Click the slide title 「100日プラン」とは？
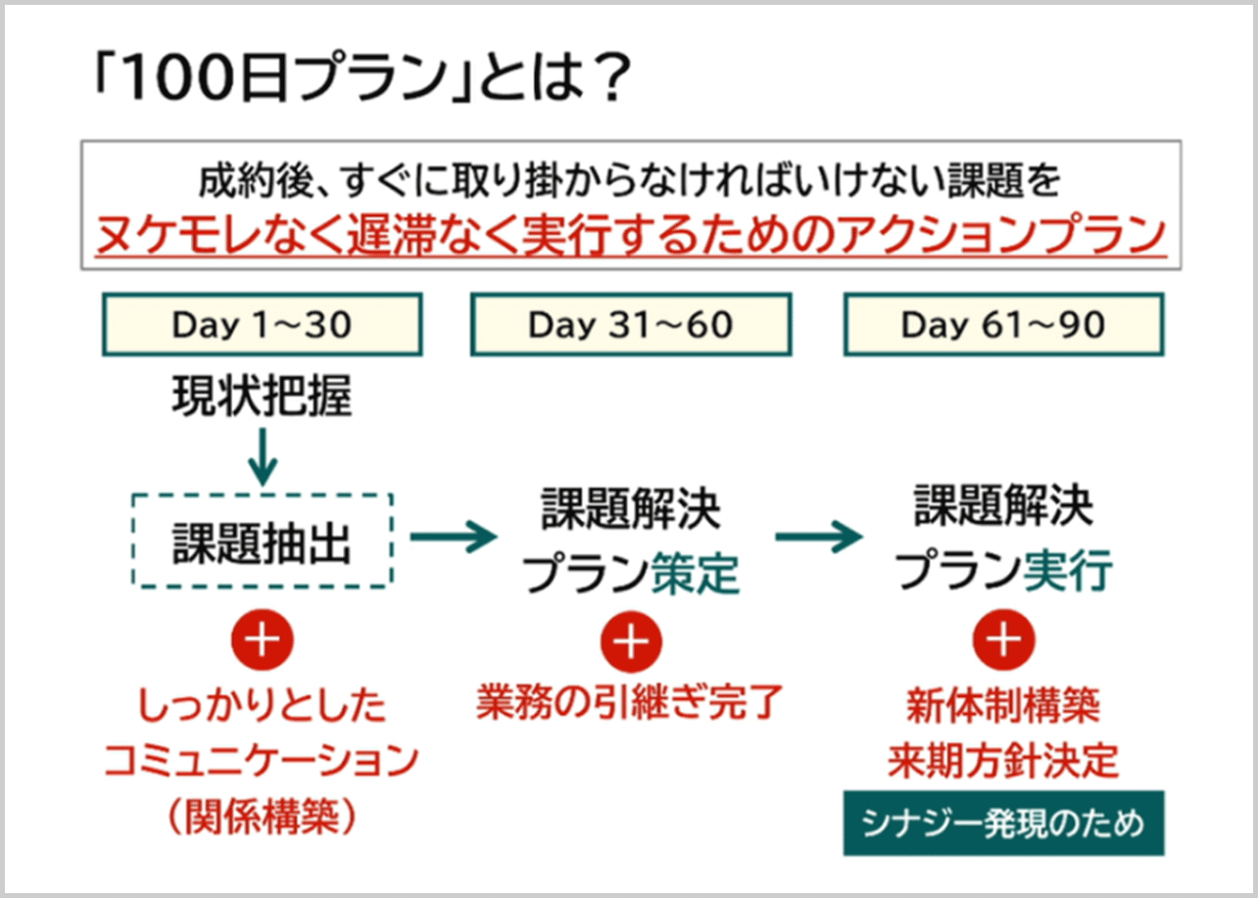355,82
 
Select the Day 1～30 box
262,325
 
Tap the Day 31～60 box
631,325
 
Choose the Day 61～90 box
1003,325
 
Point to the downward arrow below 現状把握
262,454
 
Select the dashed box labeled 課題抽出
262,541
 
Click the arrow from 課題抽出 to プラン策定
454,537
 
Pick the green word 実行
1068,572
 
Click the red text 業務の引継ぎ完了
631,703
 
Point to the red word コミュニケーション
262,761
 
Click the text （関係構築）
262,817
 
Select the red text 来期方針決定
1003,761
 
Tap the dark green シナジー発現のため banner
1003,823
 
